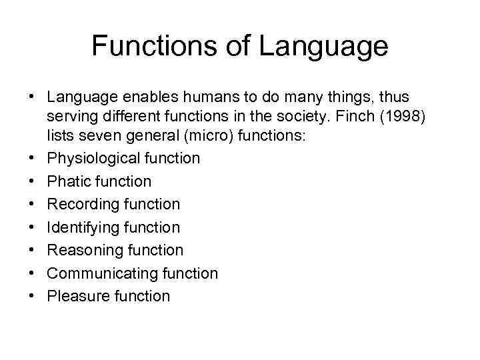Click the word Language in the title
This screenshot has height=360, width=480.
(323, 46)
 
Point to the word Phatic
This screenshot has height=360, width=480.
(69, 181)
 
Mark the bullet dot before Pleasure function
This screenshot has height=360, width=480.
(32, 297)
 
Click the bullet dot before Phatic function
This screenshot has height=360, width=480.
(32, 181)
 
